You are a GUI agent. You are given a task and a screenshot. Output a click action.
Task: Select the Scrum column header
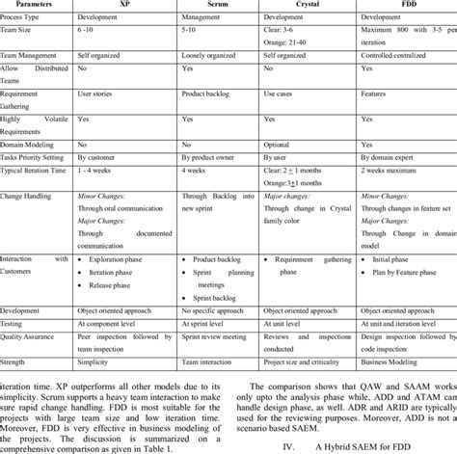[x=219, y=5]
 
